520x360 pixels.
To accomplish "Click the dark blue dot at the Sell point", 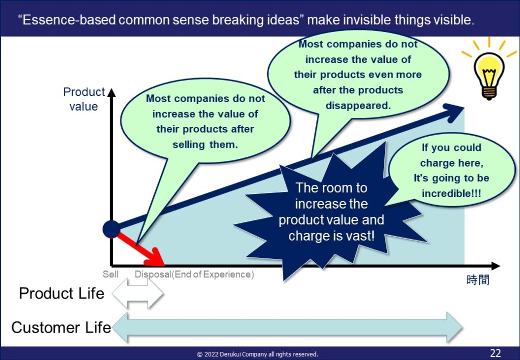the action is click(111, 229).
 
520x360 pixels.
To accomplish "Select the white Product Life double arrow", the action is click(137, 293).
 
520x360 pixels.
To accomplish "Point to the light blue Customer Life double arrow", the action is click(287, 327).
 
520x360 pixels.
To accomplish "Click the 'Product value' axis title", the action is click(84, 99).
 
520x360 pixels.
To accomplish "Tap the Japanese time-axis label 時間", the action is click(478, 280).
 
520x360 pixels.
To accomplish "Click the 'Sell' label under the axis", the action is click(110, 275).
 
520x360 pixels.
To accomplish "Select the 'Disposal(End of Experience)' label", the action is click(194, 275).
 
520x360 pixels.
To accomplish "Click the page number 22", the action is click(495, 353).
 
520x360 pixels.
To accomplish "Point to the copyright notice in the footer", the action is click(257, 354).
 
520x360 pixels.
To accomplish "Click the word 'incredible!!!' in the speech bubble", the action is click(451, 193).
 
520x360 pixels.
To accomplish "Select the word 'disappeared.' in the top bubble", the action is click(358, 106).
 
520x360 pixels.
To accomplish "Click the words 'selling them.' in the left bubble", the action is click(205, 145).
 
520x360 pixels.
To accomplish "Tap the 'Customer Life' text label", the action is click(61, 327).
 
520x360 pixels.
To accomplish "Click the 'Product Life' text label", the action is click(61, 293).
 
